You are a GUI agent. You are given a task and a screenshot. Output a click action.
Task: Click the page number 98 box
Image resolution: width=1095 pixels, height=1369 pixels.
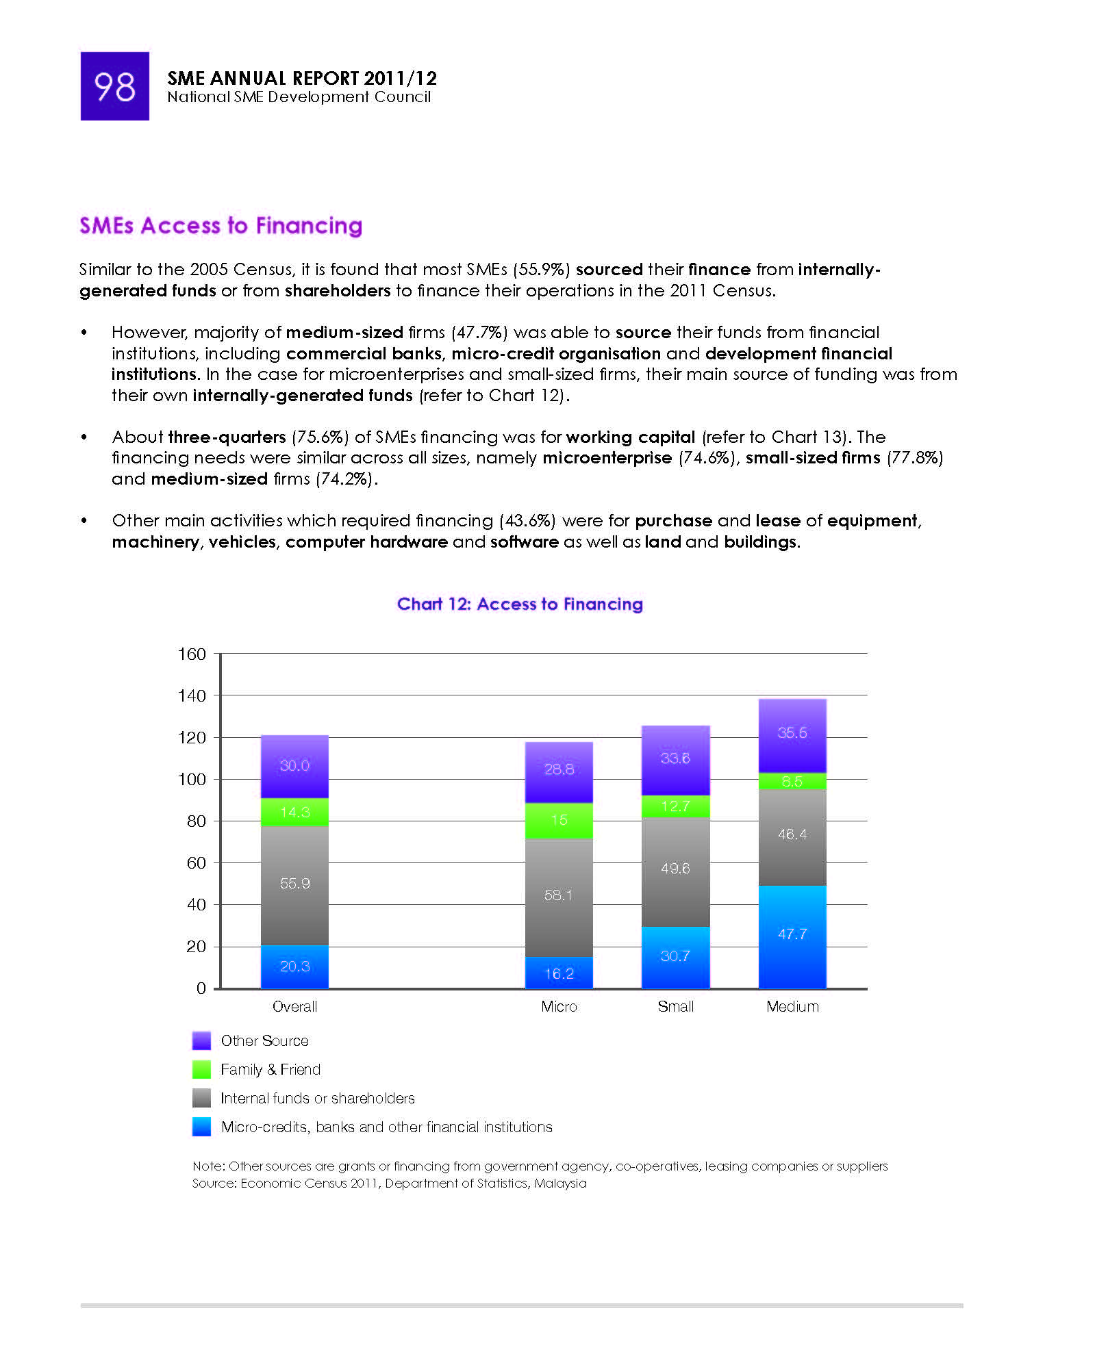114,86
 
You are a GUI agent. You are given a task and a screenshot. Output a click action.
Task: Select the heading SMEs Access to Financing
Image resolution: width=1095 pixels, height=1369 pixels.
221,226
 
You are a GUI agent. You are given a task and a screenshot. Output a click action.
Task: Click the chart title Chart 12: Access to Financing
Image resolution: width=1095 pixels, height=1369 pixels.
520,604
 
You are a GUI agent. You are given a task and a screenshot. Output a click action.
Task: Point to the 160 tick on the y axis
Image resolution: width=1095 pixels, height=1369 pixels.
192,654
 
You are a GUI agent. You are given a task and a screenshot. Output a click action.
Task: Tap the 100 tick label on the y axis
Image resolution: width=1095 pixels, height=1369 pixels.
192,779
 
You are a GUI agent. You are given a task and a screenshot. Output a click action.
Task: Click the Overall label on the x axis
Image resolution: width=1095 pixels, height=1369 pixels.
294,1006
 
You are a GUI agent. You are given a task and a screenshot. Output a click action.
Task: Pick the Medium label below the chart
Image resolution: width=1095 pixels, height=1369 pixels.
792,1006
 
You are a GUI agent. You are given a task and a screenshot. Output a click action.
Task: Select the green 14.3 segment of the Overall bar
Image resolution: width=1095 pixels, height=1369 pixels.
294,813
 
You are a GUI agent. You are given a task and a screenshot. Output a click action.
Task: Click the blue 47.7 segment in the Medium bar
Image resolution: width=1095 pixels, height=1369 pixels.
792,937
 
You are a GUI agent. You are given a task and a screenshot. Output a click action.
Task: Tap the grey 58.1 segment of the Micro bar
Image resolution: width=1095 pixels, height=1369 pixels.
559,897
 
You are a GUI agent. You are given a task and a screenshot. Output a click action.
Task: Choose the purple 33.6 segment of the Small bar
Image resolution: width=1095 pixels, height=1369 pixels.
675,760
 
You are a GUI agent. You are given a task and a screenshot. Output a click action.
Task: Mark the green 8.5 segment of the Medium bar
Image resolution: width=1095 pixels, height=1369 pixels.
792,781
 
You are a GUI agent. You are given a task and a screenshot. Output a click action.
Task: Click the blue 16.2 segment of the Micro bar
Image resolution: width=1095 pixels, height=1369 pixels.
559,973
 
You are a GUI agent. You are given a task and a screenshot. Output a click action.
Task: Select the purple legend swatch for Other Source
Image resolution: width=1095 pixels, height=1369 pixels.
201,1040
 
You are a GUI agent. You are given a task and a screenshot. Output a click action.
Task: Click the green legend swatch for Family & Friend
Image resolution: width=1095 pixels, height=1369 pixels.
201,1069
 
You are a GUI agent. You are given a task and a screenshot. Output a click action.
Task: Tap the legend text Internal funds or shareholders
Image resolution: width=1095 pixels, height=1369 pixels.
318,1098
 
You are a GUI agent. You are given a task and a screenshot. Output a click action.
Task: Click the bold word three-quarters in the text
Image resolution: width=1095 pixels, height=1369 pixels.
227,437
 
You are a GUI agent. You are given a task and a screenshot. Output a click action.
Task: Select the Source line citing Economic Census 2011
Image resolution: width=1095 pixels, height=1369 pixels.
389,1183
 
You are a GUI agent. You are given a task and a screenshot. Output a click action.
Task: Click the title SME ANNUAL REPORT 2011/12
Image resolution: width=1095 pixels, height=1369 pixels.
302,78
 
